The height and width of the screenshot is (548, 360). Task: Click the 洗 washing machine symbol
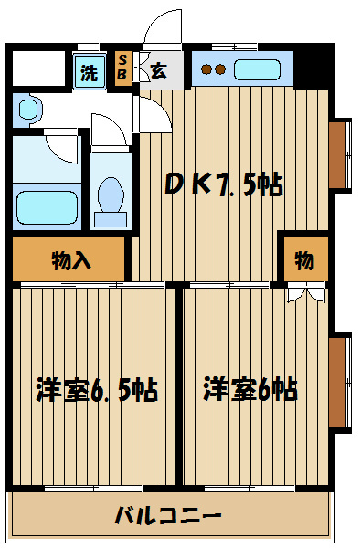pos(89,72)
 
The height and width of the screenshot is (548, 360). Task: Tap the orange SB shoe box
pos(122,68)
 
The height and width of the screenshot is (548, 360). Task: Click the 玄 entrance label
pos(157,70)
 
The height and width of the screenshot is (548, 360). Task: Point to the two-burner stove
pos(214,68)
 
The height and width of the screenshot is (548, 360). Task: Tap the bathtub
pos(46,207)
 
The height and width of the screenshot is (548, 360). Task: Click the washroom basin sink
pos(27,111)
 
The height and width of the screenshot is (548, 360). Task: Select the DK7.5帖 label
pos(222,185)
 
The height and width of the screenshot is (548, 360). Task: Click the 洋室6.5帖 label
pos(96,391)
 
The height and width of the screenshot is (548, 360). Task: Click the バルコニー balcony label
pos(168,515)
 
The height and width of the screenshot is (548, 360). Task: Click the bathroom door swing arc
pos(64,146)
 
